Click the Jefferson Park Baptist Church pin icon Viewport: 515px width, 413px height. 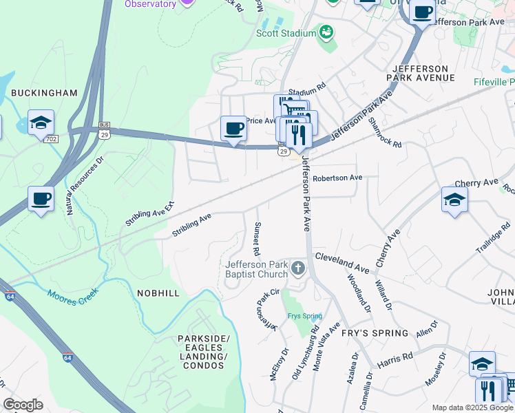(x=297, y=267)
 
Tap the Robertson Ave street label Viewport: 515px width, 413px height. (x=337, y=178)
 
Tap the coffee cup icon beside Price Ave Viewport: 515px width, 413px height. (x=234, y=128)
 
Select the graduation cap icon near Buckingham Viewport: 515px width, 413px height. (x=41, y=123)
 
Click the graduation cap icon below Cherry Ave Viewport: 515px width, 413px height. (x=454, y=200)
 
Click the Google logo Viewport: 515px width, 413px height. (x=23, y=404)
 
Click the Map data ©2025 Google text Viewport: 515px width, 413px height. (x=472, y=407)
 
